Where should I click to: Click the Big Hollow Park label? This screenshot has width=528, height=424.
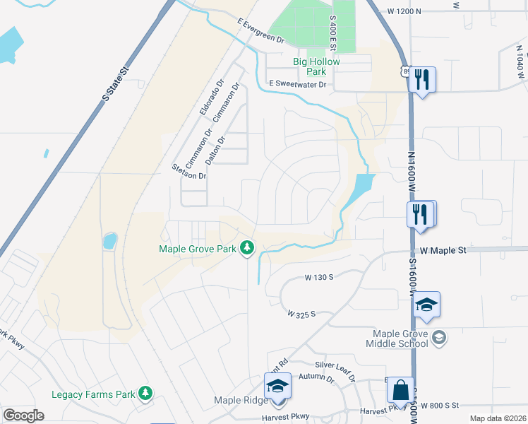point(317,66)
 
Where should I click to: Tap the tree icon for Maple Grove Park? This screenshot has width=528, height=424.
point(246,247)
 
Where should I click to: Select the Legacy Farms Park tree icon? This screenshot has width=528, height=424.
point(145,392)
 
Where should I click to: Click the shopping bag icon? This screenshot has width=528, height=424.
point(400,389)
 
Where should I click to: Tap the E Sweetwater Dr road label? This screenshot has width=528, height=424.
point(299,85)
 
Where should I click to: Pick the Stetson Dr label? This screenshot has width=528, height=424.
point(189,171)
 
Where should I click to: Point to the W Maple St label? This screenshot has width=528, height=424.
point(443,250)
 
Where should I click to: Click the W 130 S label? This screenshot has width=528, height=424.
point(318,278)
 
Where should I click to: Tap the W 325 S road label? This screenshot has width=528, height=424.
point(301,313)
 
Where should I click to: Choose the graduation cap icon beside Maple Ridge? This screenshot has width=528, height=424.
point(277,387)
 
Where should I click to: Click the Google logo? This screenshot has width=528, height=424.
point(23,416)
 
